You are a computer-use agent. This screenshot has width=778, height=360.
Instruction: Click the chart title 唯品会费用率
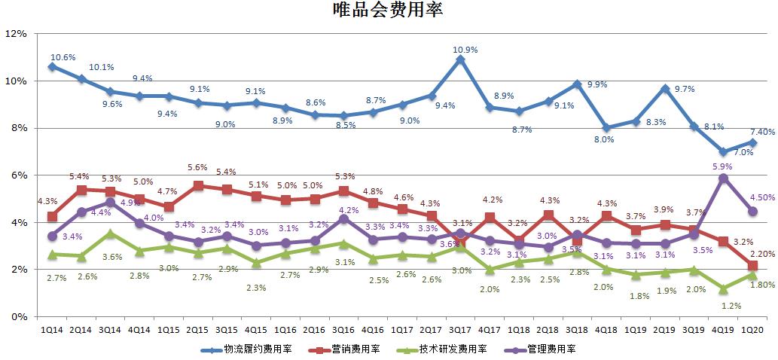point(388,11)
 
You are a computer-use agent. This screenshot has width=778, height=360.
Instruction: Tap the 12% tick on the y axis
point(17,34)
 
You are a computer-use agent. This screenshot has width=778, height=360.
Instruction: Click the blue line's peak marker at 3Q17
point(460,59)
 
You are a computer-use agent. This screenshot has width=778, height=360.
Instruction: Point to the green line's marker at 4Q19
point(723,288)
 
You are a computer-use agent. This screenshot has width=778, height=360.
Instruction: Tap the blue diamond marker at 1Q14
point(52,66)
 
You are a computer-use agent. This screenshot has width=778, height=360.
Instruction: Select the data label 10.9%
point(465,50)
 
